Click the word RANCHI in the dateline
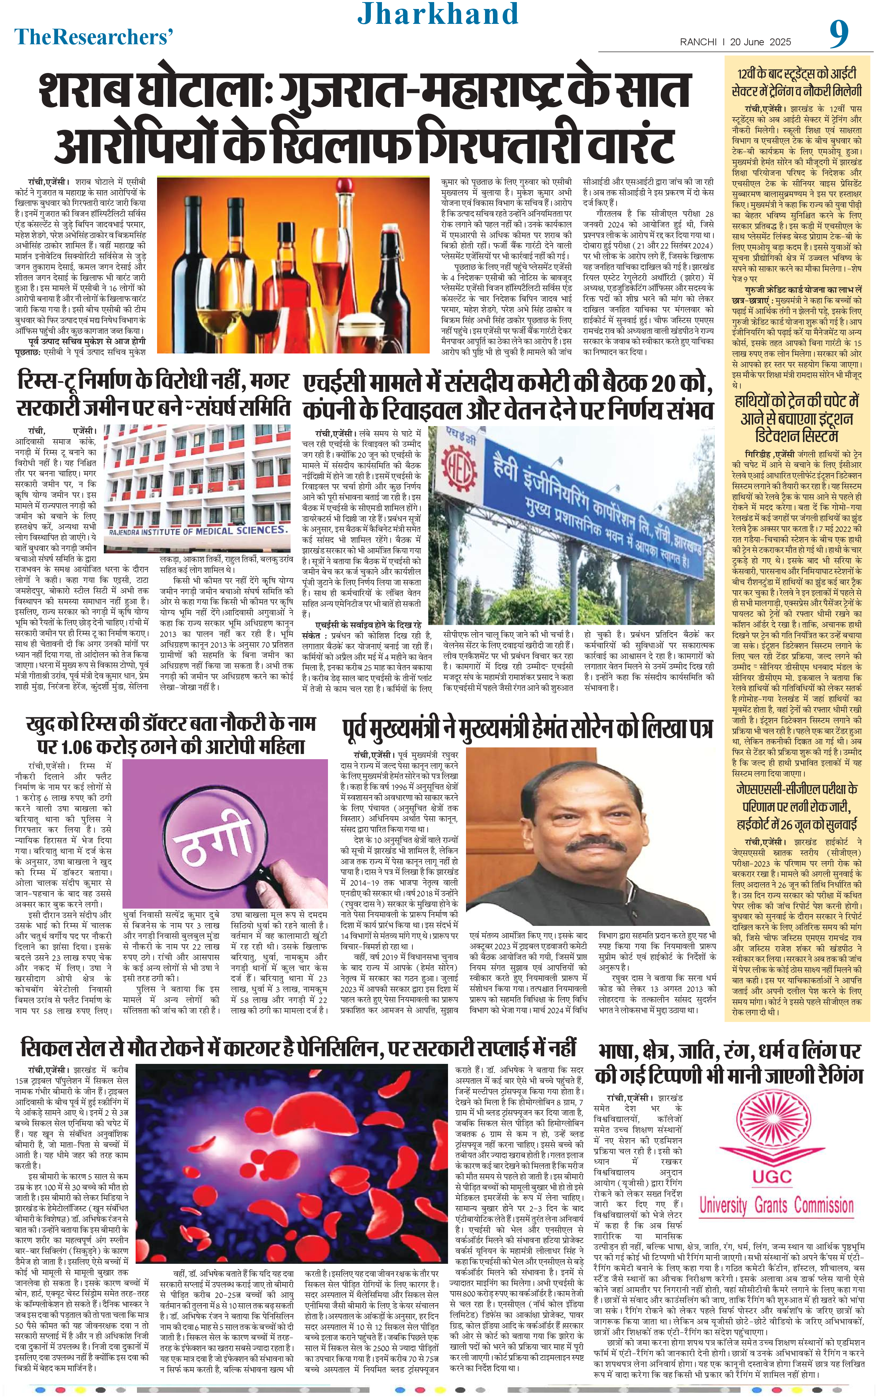699,42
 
